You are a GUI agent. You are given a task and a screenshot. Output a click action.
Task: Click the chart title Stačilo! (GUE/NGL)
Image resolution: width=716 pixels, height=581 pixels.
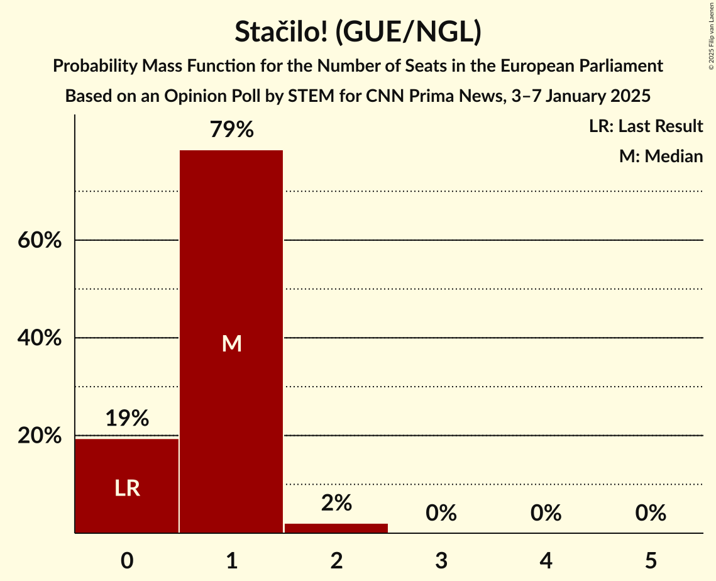(x=358, y=32)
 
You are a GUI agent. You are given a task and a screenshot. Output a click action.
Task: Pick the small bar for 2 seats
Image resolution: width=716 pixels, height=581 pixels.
(x=336, y=528)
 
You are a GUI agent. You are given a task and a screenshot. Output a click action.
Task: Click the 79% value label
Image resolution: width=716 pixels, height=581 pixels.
(x=231, y=130)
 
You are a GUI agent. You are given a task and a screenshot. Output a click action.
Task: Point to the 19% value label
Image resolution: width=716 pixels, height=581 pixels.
(x=127, y=418)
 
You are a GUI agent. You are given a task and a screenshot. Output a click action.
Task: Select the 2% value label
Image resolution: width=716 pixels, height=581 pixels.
(x=336, y=503)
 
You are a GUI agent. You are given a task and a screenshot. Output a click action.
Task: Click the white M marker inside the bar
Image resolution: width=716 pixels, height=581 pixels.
(x=231, y=343)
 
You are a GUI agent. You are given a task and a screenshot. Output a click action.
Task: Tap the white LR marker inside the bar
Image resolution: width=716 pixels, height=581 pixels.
(x=127, y=488)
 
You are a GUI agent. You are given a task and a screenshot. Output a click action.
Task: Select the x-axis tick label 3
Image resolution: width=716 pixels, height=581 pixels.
(x=441, y=561)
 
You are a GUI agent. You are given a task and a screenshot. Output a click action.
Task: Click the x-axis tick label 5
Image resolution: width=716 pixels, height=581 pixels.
(x=650, y=561)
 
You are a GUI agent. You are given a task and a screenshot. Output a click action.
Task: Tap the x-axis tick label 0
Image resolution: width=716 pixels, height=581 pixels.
(x=127, y=561)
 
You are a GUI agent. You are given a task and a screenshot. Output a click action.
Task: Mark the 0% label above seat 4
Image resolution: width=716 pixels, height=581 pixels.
(x=546, y=513)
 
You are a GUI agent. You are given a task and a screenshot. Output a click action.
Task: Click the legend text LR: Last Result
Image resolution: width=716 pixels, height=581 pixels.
(x=646, y=126)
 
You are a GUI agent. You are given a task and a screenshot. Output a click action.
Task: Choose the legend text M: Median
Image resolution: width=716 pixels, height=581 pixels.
(x=661, y=156)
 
